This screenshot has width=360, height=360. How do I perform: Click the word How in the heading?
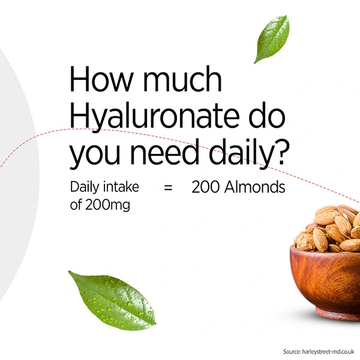101,79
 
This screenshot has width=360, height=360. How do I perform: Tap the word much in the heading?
182,79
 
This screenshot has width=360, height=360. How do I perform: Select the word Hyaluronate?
155,117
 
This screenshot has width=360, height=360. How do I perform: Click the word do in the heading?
267,115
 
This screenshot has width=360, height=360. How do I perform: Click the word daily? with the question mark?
248,154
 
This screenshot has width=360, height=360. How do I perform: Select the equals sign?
168,188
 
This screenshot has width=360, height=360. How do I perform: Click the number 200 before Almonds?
205,187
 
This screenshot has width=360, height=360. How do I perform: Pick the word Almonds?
255,187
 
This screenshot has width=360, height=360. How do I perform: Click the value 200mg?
107,205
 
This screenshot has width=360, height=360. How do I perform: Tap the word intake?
121,187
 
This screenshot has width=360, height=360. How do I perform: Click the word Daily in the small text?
85,187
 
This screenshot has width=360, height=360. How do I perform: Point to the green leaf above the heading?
272,39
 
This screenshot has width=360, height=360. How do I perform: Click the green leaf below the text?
113,301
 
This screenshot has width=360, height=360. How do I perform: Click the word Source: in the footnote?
292,352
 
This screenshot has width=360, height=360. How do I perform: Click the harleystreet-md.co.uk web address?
328,352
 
